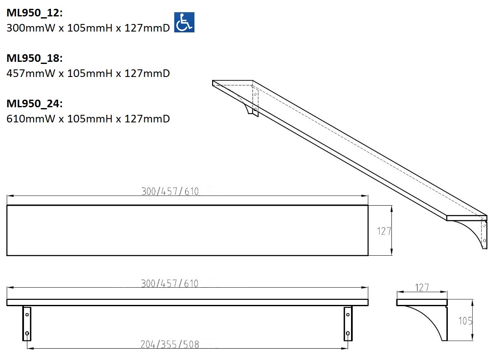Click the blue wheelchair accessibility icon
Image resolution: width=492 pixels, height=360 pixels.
tap(184, 22)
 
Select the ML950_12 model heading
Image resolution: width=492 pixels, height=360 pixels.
tap(35, 13)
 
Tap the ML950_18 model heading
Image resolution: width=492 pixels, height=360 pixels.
tap(35, 58)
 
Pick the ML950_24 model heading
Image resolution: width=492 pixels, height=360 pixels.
tap(35, 103)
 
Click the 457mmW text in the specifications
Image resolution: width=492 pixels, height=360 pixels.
tap(31, 73)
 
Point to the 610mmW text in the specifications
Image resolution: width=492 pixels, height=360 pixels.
tap(31, 119)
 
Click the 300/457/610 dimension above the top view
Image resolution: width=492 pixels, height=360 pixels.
tap(170, 191)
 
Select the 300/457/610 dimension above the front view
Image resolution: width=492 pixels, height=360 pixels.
tap(170, 283)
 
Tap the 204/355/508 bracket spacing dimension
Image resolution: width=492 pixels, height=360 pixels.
tap(170, 344)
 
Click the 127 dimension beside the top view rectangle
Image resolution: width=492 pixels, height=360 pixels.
tap(384, 231)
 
